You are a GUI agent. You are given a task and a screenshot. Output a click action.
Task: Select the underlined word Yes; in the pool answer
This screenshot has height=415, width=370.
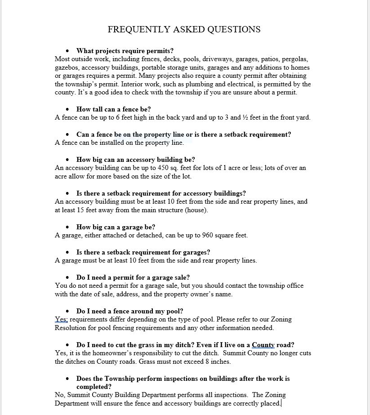[x=61, y=319]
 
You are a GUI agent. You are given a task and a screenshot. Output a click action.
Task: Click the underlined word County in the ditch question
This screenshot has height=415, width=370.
[x=263, y=345]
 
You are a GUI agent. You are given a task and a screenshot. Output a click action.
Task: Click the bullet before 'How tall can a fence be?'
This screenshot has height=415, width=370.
[x=67, y=109]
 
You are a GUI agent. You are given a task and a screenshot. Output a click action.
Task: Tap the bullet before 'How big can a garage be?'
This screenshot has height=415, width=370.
[x=67, y=227]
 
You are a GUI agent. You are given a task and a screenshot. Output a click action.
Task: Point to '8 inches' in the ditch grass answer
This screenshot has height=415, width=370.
[x=218, y=361]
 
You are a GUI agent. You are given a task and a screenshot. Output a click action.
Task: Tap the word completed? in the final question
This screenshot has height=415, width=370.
[x=94, y=387]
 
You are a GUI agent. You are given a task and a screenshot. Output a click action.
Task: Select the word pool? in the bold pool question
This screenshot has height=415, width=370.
[x=174, y=311]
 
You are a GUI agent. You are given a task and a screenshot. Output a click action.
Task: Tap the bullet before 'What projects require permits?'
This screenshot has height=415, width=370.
[x=67, y=51]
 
